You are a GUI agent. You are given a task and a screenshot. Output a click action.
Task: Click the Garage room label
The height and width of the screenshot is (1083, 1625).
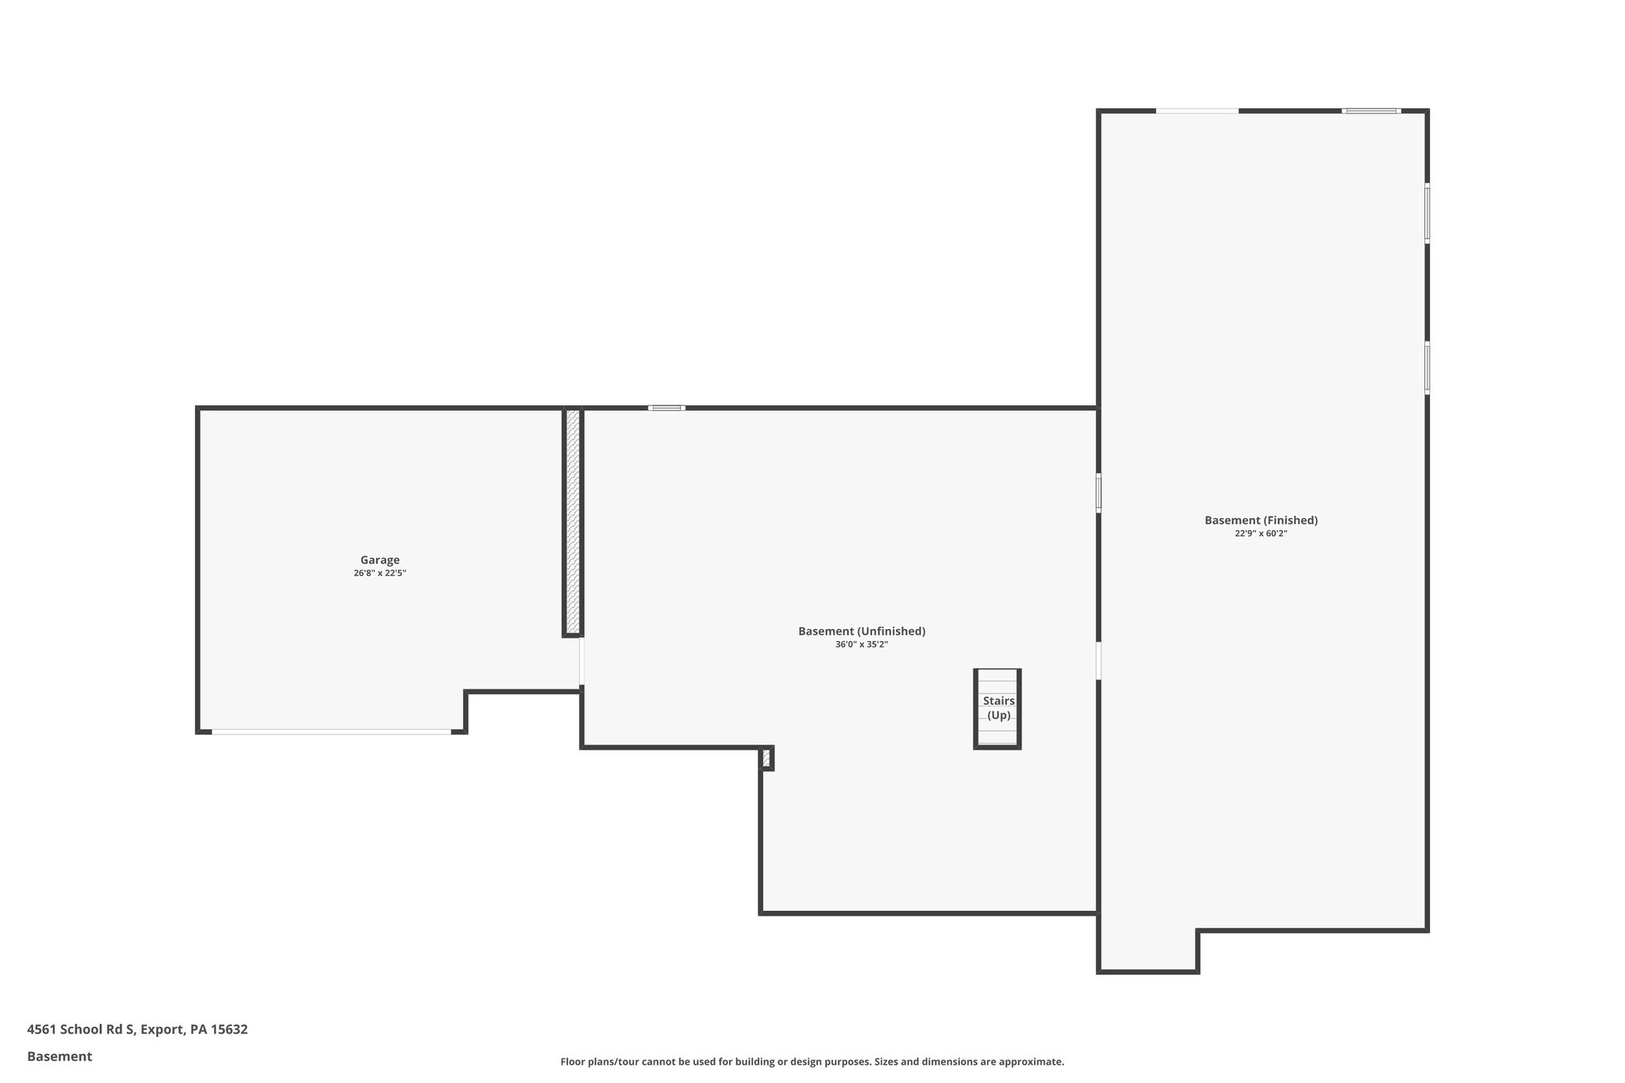[379, 560]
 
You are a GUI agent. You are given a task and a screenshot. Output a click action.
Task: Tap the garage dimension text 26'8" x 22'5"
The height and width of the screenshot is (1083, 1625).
[379, 573]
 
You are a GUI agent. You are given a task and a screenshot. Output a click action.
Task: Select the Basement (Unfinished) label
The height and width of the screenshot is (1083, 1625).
[862, 632]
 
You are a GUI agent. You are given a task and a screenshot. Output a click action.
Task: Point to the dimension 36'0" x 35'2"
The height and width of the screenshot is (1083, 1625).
[861, 644]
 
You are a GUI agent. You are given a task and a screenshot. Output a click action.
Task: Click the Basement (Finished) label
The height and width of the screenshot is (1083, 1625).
[1261, 520]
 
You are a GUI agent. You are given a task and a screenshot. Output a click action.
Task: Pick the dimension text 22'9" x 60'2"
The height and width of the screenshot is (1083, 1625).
[1260, 533]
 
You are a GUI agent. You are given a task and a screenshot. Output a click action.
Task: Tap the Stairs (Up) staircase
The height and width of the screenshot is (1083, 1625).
[997, 709]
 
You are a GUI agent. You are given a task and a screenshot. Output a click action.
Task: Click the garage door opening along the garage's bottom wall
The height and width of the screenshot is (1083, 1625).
[331, 732]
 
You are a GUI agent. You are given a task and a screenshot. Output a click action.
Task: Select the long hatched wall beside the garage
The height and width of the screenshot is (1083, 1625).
[572, 521]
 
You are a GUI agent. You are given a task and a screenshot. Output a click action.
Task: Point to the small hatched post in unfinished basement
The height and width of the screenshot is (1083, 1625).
[766, 758]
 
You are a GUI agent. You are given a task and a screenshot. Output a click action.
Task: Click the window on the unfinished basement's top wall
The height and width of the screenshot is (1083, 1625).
[667, 408]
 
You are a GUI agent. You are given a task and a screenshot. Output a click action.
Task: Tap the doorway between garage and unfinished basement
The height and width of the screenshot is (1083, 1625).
[582, 662]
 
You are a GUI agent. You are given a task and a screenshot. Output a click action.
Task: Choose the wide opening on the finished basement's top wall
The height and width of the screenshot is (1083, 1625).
[1197, 111]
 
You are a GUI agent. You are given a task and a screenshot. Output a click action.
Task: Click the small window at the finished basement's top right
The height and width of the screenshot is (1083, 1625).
[1371, 111]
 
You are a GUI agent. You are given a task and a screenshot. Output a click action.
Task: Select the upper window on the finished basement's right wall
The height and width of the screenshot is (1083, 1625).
[1427, 213]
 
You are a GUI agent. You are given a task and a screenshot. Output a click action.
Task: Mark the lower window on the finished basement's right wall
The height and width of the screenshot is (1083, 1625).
[1427, 368]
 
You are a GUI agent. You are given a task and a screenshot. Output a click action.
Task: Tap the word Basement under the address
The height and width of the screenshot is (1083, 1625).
[60, 1057]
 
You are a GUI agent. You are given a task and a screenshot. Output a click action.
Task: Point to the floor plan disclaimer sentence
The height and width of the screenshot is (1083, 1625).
[812, 1062]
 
